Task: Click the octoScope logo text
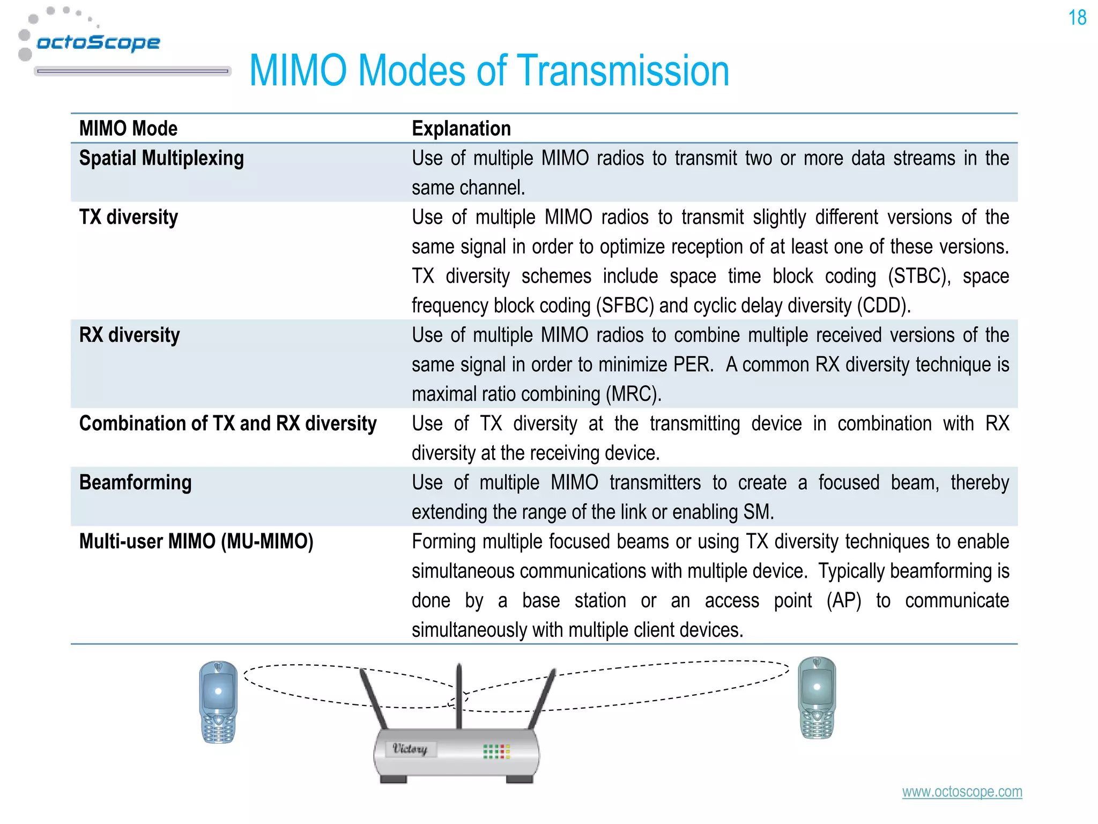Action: [x=98, y=42]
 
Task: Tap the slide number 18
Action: [x=1077, y=18]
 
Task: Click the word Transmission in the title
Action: [x=625, y=71]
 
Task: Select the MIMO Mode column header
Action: [x=128, y=129]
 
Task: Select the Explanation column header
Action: [x=461, y=129]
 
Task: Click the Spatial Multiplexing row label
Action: [x=161, y=158]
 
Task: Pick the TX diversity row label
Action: [x=129, y=217]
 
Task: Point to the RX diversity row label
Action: [x=129, y=335]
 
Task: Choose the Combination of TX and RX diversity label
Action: [x=228, y=424]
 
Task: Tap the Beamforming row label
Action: [x=135, y=483]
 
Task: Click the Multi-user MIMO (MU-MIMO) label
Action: [x=196, y=542]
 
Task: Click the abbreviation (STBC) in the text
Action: [x=918, y=277]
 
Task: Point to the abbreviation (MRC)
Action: [x=633, y=394]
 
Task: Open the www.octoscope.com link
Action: [x=962, y=792]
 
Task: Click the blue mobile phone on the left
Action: [x=218, y=702]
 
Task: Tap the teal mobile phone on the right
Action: [x=817, y=697]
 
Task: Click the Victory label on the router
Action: [x=410, y=749]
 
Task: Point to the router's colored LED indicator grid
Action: [x=496, y=751]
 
